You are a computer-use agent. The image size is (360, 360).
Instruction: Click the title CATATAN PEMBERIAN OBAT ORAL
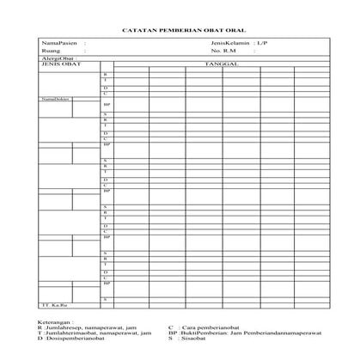[180, 27]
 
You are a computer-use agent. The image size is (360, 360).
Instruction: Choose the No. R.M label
[223, 50]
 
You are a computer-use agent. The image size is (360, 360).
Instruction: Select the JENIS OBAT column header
[58, 64]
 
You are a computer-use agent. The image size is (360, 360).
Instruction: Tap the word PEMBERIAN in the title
[177, 27]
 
